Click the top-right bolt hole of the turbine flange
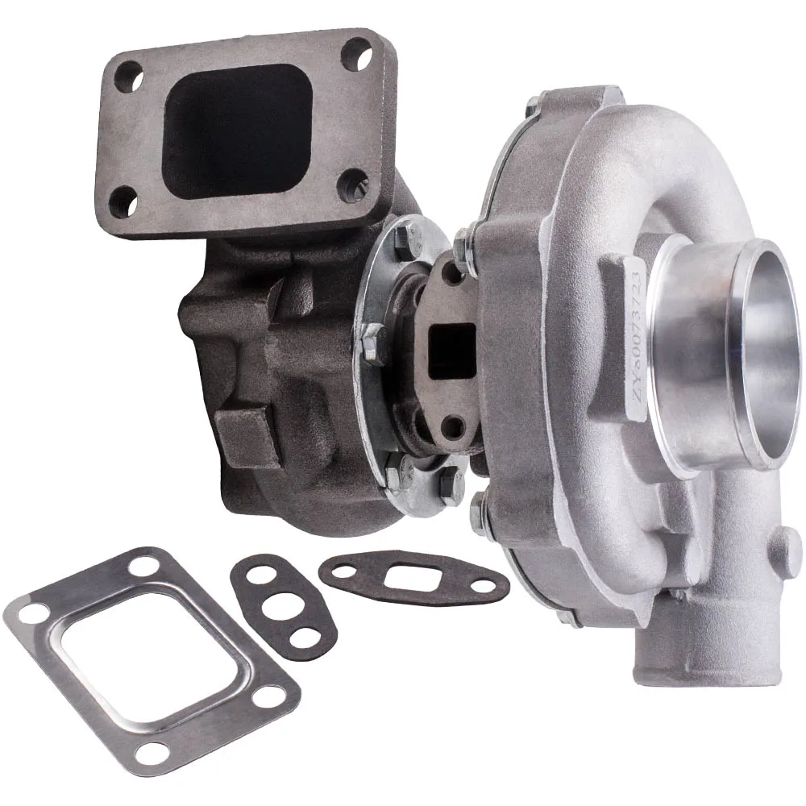tap(352, 53)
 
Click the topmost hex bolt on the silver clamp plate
tap(405, 235)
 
